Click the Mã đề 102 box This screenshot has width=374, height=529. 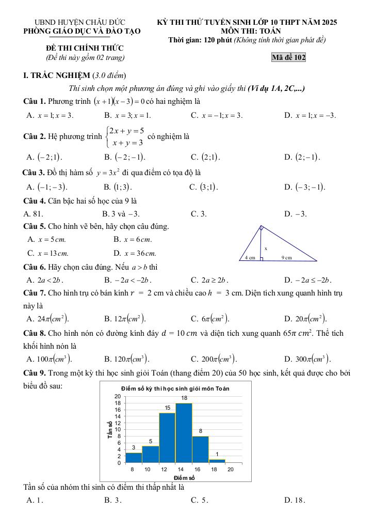288,57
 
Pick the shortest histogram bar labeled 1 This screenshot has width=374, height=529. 217,460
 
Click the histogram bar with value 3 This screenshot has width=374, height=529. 134,457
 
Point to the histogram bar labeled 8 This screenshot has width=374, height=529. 200,449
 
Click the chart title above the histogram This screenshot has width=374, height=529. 175,388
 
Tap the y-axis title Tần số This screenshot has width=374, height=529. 110,430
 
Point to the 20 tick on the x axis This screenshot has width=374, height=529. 231,469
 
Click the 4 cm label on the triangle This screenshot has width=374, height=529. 250,257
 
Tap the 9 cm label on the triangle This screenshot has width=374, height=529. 286,257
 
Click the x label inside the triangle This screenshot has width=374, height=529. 266,248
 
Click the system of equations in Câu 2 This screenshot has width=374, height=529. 125,137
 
